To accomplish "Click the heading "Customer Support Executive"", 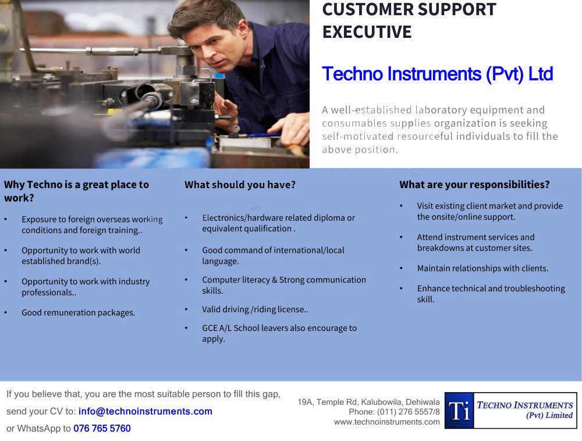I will (x=409, y=20).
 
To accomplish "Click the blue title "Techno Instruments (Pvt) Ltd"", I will (x=437, y=75).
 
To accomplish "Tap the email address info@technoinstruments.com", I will (x=145, y=411).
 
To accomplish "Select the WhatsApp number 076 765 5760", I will (x=102, y=429).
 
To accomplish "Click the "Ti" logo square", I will (x=459, y=411).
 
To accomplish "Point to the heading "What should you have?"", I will (x=240, y=185).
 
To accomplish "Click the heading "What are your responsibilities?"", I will (x=474, y=185).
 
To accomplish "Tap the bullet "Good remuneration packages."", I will (x=78, y=313).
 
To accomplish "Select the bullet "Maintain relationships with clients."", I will (x=482, y=269).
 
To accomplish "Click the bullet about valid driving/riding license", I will (x=255, y=309).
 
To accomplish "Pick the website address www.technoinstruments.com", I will (x=386, y=422).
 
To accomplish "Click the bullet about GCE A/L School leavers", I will (x=279, y=333).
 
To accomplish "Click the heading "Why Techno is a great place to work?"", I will (x=76, y=191).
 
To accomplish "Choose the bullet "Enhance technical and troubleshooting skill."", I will (x=491, y=294).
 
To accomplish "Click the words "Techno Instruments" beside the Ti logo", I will (x=524, y=405).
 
